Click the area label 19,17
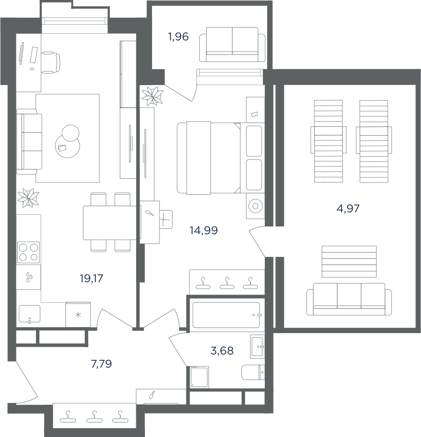[91, 278]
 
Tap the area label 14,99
[203, 230]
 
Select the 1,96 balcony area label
[178, 36]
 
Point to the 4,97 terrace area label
[348, 209]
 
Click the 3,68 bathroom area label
[222, 350]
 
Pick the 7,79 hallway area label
[102, 364]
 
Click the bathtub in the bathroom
[226, 315]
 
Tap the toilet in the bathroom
[253, 372]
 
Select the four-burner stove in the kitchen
[29, 252]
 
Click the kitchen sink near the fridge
[29, 314]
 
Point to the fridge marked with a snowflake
[78, 315]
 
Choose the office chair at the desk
[51, 62]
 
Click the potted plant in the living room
[28, 198]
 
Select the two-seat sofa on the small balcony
[232, 44]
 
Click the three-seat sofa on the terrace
[349, 299]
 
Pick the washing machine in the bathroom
[199, 377]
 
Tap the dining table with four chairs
[109, 222]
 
